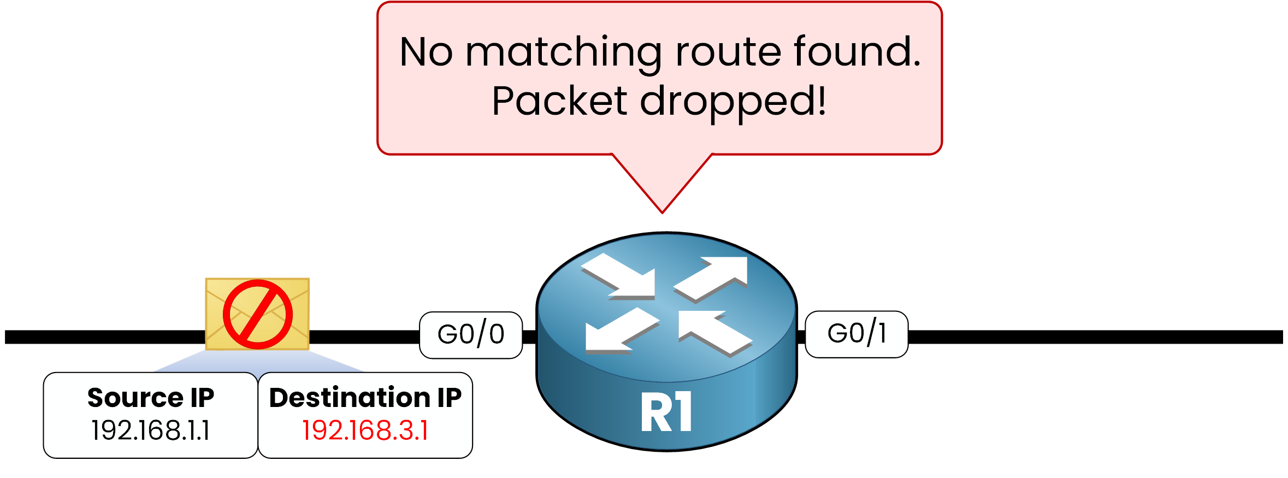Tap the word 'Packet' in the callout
coord(559,102)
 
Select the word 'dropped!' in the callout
coord(733,102)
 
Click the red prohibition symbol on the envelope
coord(257,315)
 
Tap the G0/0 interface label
coord(471,335)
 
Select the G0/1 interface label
coord(856,334)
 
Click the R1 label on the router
coord(666,412)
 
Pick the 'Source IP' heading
coord(151,397)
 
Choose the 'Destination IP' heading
coord(365,397)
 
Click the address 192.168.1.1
coord(151,430)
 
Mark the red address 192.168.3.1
coord(365,430)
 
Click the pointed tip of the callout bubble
coord(662,210)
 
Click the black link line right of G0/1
coord(1092,337)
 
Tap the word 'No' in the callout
coord(426,53)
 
